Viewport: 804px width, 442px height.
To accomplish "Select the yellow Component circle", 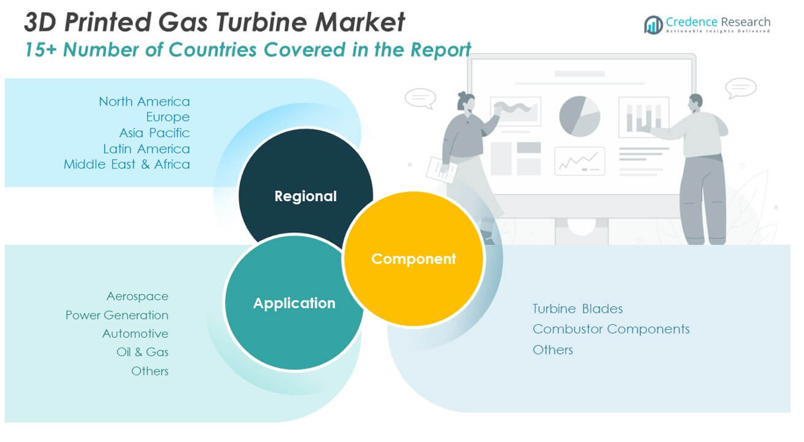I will click(413, 259).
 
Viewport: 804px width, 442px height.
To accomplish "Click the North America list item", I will click(144, 102).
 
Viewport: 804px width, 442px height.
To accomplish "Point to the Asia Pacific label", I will click(154, 133).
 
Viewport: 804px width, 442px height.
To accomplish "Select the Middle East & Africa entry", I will click(127, 164).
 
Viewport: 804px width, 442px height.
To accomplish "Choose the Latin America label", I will click(146, 149).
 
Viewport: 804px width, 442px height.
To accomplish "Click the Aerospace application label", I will click(137, 296).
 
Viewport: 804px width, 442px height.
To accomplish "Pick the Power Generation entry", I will click(117, 315).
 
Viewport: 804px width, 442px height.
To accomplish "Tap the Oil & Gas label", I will click(142, 352).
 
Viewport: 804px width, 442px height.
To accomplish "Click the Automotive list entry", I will click(135, 334).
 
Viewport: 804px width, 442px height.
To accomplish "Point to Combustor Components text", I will click(611, 329).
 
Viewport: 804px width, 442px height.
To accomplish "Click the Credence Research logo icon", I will click(653, 25).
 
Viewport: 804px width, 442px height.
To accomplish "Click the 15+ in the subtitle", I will click(39, 50).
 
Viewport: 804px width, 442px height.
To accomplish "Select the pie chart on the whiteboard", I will click(579, 116).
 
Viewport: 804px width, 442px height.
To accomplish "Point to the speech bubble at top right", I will click(741, 88).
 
